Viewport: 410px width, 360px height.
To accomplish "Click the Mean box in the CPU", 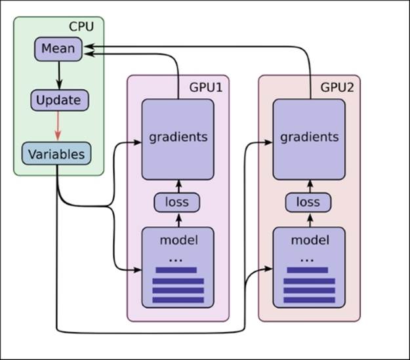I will pos(58,49).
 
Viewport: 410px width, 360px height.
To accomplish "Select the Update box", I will pos(59,100).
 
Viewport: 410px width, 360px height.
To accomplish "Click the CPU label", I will pos(81,28).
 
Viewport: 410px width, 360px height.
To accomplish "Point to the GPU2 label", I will pos(337,87).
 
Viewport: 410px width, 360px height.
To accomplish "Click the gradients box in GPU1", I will pos(178,137).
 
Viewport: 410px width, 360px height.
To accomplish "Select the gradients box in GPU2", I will pos(309,137).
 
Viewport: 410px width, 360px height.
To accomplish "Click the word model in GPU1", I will pos(178,239).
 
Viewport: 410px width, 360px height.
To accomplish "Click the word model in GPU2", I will pos(309,239).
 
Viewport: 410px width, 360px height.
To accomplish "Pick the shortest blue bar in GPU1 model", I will pos(175,270).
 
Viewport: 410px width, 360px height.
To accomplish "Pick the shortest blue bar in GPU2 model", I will pos(306,270).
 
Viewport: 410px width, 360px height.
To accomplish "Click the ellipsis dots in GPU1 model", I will pos(175,259).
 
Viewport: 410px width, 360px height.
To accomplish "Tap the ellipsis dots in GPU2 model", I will pos(306,259).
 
